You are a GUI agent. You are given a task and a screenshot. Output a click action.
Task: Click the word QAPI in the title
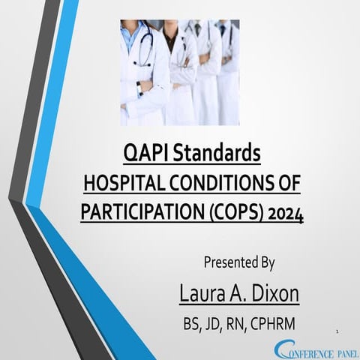(142, 154)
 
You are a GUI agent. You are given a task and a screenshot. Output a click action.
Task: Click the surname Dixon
(273, 293)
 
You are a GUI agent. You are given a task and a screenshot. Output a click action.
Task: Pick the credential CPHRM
(273, 325)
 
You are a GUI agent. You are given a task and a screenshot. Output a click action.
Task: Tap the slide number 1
(339, 330)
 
